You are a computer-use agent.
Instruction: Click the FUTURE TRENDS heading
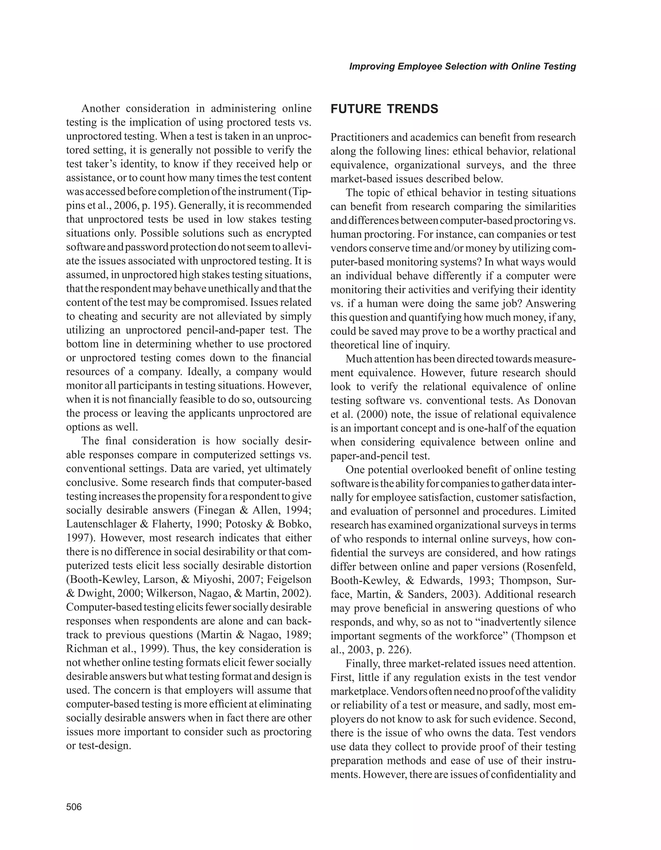click(384, 109)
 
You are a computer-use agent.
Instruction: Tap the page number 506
click(74, 807)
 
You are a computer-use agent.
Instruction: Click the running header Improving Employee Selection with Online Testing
click(462, 67)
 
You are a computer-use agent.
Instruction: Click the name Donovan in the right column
click(554, 401)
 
